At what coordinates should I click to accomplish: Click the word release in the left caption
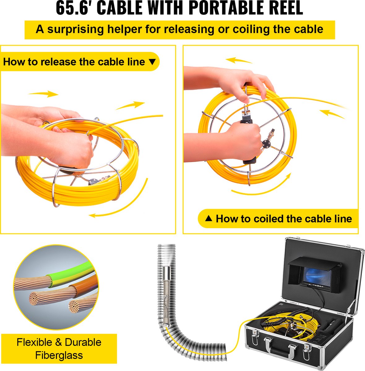coord(59,62)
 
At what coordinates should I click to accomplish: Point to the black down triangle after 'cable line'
coord(152,62)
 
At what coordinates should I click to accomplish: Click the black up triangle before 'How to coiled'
coord(208,218)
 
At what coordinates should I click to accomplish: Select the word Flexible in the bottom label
coord(34,342)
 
